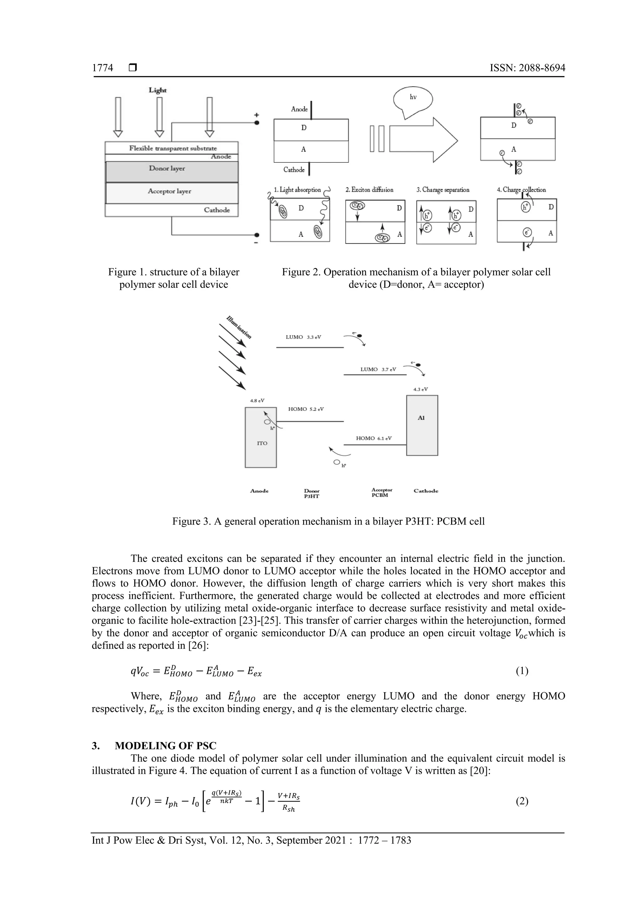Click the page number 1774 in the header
(103, 68)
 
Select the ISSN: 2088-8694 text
(527, 68)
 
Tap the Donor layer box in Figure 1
(171, 171)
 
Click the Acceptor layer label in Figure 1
(169, 191)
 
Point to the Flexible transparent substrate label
(173, 148)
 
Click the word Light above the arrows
(157, 90)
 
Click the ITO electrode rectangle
(261, 438)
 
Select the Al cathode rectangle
(422, 425)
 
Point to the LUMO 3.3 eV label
(303, 337)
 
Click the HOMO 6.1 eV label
(374, 438)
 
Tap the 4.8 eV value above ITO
(257, 401)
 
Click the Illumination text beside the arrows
(239, 327)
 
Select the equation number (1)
(522, 671)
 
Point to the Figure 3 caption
(328, 521)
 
